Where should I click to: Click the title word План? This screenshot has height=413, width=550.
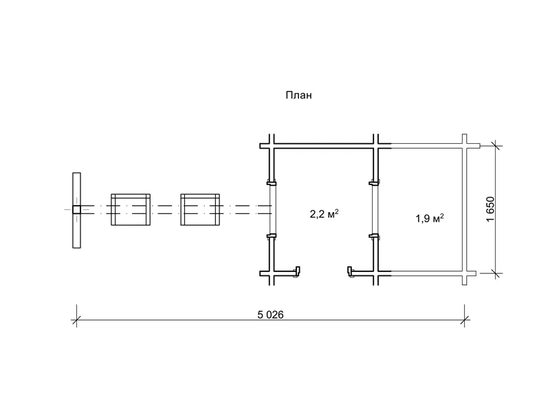(x=298, y=95)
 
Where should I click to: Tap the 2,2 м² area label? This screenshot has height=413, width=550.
(x=324, y=213)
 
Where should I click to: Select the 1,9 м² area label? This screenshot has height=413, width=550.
(x=430, y=218)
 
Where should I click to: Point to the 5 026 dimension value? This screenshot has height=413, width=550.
(x=270, y=315)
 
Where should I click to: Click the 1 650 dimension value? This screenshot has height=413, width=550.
(x=490, y=209)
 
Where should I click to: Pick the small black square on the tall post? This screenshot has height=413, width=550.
(x=76, y=210)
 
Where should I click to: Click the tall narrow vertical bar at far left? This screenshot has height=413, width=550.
(x=76, y=211)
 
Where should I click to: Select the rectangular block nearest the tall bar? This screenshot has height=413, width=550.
(x=131, y=209)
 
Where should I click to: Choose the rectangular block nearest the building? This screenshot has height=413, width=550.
(x=200, y=209)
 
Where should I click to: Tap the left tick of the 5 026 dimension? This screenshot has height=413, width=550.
(x=76, y=320)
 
